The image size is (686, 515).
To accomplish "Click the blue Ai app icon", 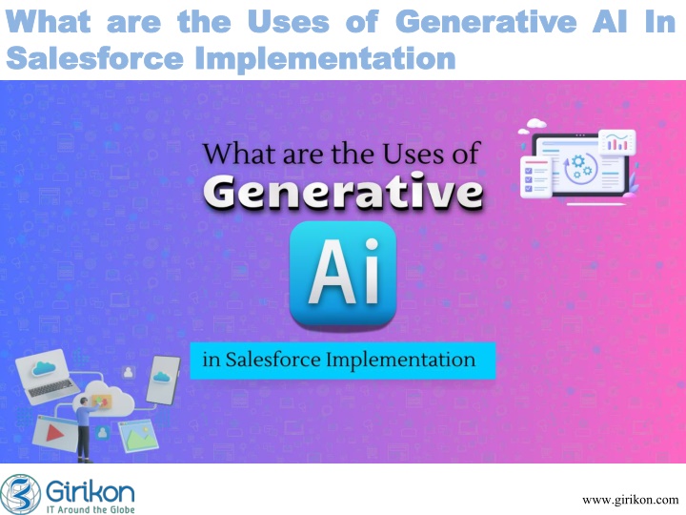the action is pyautogui.click(x=343, y=274).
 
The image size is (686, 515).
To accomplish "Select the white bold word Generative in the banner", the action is pyautogui.click(x=343, y=192).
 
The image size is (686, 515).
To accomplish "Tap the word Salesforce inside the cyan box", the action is pyautogui.click(x=273, y=360).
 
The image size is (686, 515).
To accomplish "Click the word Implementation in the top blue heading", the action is pyautogui.click(x=326, y=58).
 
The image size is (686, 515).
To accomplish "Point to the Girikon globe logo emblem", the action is pyautogui.click(x=20, y=494).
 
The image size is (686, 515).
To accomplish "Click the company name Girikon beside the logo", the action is pyautogui.click(x=91, y=491).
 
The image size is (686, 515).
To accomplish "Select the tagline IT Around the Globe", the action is pyautogui.click(x=91, y=509).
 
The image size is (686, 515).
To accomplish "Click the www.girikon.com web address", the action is pyautogui.click(x=630, y=500).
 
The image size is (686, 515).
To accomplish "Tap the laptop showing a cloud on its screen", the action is pyautogui.click(x=47, y=377).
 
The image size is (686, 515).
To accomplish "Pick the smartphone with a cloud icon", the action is pyautogui.click(x=163, y=380).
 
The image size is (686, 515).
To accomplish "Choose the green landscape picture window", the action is pyautogui.click(x=139, y=436).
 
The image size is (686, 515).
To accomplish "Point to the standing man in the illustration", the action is pyautogui.click(x=85, y=429).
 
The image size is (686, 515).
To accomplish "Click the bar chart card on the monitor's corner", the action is pyautogui.click(x=616, y=142).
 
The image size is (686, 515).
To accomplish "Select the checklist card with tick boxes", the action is pyautogui.click(x=535, y=177).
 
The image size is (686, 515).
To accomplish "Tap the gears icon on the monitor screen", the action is pyautogui.click(x=581, y=167).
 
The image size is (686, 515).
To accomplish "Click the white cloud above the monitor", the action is pyautogui.click(x=535, y=123).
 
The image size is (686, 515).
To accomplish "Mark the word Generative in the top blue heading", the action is pyautogui.click(x=486, y=21).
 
